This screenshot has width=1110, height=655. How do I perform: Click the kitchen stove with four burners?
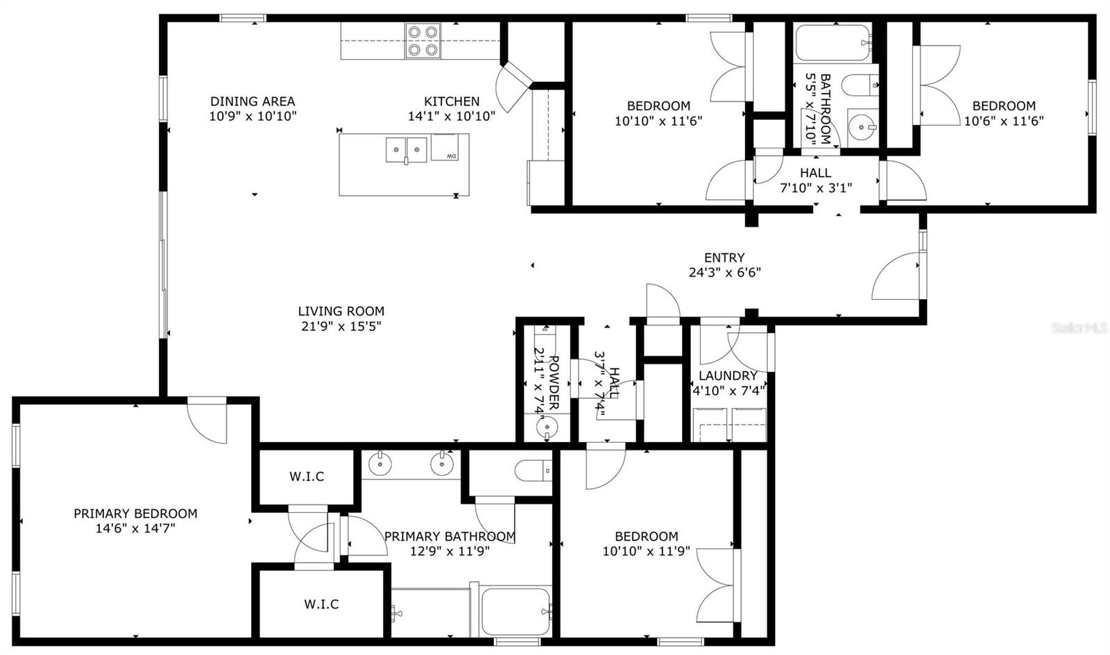tap(423, 40)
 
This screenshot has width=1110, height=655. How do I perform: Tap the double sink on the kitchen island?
tap(407, 148)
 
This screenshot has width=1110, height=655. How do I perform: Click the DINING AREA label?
tap(253, 101)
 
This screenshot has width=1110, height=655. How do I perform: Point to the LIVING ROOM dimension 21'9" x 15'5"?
tap(341, 326)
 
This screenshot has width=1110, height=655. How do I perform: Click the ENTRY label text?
tap(724, 257)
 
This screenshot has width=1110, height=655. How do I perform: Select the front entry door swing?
tap(898, 276)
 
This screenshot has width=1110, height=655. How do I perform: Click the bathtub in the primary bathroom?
tap(516, 611)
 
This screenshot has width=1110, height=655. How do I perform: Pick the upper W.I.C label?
tap(307, 477)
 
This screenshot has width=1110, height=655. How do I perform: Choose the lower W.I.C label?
tap(321, 604)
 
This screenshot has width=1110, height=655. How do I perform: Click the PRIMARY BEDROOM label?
tap(135, 513)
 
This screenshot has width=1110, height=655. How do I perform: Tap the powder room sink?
tap(547, 427)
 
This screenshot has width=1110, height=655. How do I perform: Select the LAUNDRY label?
tap(728, 375)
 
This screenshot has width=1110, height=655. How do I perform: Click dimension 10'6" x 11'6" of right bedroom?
tap(1004, 121)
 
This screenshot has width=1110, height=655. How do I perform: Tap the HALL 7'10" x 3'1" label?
tap(815, 180)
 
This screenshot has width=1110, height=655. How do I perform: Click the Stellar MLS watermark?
tap(1079, 327)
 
